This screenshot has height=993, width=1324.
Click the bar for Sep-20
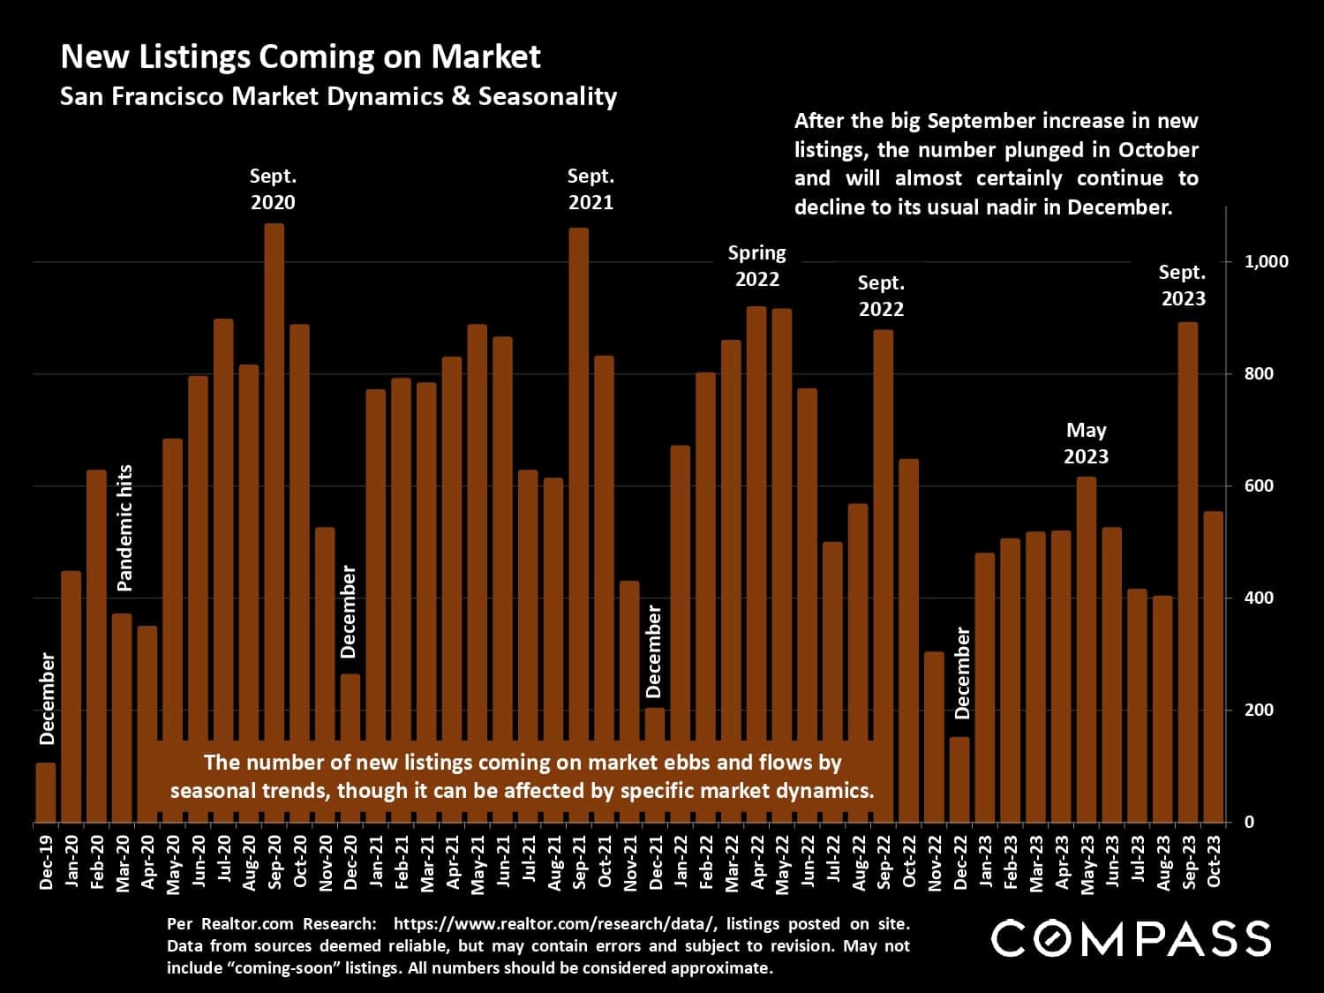tap(275, 521)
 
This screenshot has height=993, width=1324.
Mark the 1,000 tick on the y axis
tap(1266, 261)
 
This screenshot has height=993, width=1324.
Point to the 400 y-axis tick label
tap(1259, 598)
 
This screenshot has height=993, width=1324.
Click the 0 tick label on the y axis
tap(1248, 822)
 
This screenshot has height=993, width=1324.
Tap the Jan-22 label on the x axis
tap(681, 862)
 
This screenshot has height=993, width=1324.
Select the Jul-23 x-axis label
tap(1139, 862)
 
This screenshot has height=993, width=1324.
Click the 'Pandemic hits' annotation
tap(124, 527)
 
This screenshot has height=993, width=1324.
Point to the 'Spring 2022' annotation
tap(756, 266)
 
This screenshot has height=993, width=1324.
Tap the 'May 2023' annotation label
tap(1086, 443)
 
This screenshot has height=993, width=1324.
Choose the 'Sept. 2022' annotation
tap(881, 296)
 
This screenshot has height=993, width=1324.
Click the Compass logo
tap(1131, 938)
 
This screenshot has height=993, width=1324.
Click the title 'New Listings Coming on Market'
tap(300, 56)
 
